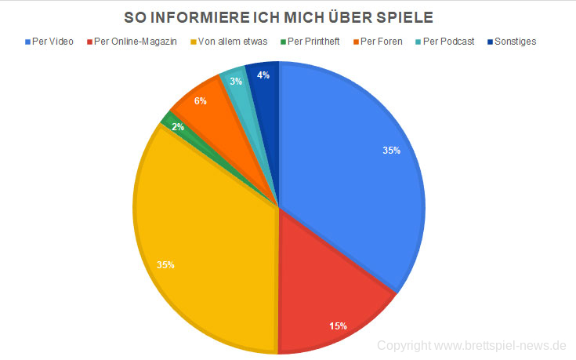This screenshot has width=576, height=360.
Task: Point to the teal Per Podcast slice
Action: [x=234, y=82]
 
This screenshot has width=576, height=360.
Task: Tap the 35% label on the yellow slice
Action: [x=166, y=265]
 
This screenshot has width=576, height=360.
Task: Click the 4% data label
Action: [x=264, y=75]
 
